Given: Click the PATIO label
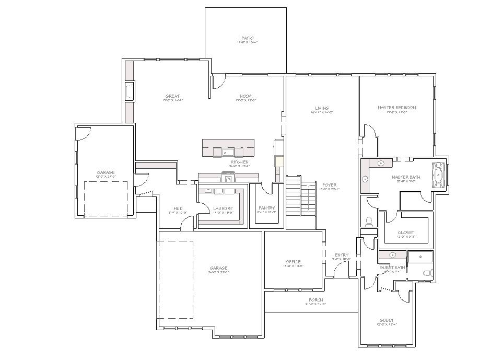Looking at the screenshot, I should [248, 38].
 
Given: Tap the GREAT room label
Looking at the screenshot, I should [172, 96].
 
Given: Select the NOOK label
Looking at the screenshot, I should [246, 96].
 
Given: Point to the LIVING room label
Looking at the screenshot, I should [322, 108].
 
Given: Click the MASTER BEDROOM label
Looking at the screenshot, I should [397, 108].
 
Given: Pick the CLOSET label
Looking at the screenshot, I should [406, 233].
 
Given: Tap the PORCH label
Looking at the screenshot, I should [316, 300].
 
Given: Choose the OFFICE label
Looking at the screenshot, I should [293, 262].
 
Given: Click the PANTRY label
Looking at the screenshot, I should [266, 208].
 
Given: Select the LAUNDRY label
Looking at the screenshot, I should [223, 208].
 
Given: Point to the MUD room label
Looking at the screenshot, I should [178, 208].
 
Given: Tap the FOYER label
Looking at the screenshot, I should [329, 185].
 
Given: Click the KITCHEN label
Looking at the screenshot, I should [240, 162].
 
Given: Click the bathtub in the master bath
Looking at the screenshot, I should [437, 175].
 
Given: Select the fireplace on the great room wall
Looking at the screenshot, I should [130, 92].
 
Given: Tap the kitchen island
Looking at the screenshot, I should [229, 148].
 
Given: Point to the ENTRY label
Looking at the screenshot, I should [342, 255].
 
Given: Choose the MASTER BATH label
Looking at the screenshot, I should [406, 178].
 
